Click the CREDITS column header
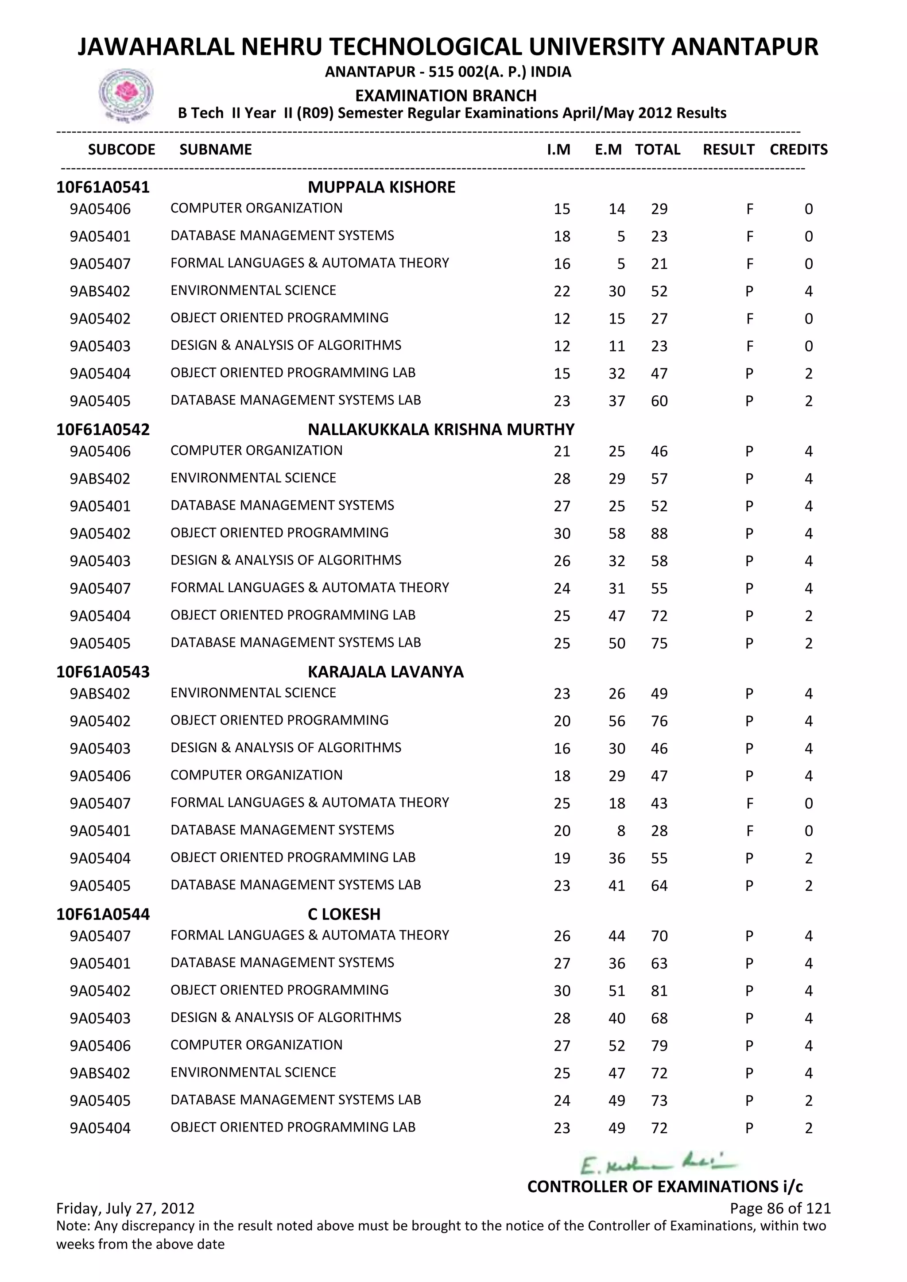point(798,150)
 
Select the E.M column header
point(608,150)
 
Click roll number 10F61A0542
point(103,429)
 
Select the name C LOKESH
point(344,914)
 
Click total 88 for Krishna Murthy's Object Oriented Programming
point(659,534)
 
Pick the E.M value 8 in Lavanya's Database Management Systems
point(621,831)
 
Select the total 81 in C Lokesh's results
point(659,991)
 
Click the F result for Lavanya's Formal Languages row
point(749,803)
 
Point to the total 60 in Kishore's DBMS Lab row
point(659,401)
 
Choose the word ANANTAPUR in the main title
point(744,47)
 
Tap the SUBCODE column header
point(122,150)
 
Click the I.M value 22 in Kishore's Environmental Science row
point(562,291)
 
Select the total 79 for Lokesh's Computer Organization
point(659,1046)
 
